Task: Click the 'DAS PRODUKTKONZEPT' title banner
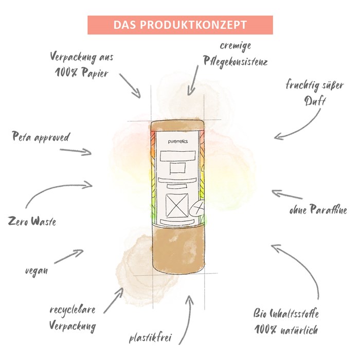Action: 180,25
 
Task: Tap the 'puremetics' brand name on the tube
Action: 178,141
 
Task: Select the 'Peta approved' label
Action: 41,137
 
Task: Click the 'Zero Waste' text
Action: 32,221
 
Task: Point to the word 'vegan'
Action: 37,271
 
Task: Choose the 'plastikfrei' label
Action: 150,338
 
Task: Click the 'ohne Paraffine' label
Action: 318,209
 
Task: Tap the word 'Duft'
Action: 315,101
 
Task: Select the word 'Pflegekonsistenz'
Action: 236,62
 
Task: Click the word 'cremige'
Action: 236,46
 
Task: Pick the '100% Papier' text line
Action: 81,73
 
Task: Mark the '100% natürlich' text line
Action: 286,330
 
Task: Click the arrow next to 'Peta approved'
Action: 76,151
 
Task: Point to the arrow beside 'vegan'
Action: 69,256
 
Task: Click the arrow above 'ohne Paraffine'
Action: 287,194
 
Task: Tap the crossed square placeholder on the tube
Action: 177,206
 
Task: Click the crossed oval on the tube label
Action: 197,208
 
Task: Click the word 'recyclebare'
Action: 73,310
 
